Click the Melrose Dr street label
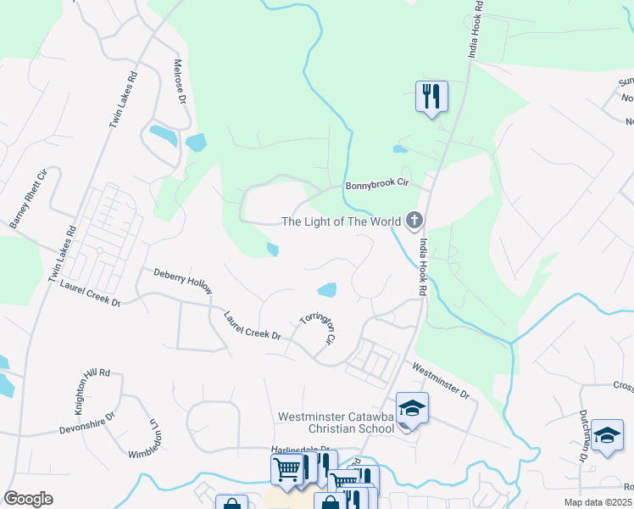click(180, 80)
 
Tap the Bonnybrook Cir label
click(377, 185)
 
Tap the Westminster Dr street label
click(440, 381)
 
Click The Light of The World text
click(341, 222)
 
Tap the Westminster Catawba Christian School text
click(336, 422)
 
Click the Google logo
click(28, 498)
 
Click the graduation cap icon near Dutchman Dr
click(607, 434)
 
